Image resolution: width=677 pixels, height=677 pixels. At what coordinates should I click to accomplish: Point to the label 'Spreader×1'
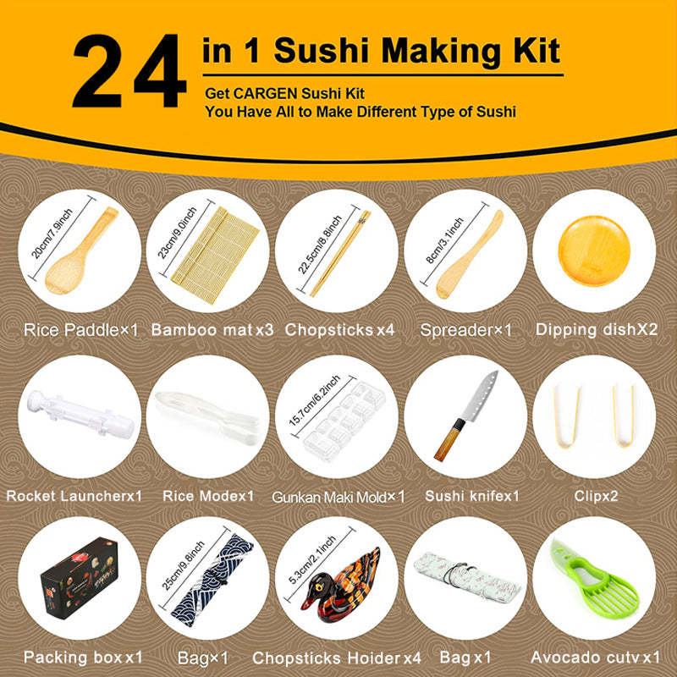(x=465, y=329)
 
